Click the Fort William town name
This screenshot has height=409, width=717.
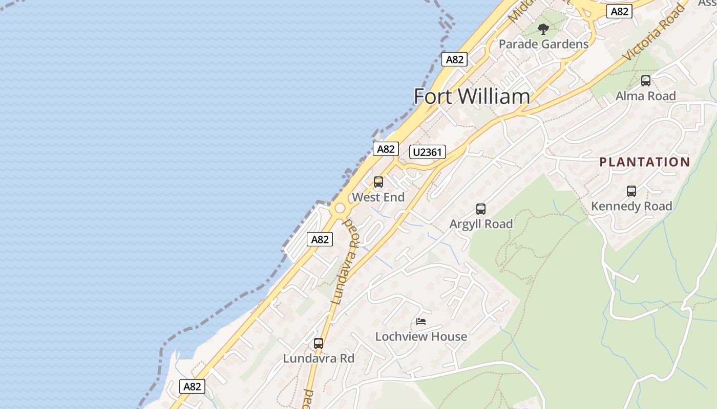click(471, 97)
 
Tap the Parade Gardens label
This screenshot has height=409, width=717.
click(543, 44)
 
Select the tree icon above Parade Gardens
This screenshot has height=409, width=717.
click(543, 29)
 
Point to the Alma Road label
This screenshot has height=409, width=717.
click(645, 96)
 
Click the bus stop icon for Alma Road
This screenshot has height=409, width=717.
click(645, 80)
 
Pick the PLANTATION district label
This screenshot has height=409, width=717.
click(645, 162)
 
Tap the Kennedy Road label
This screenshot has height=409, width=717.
click(631, 206)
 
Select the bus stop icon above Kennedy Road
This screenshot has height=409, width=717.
click(631, 191)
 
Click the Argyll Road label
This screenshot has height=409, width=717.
click(481, 224)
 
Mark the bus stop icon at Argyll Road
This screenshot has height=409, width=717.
click(480, 209)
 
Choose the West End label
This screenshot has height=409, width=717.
click(378, 197)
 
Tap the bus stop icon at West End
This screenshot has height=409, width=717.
click(378, 182)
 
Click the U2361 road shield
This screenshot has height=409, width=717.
click(428, 152)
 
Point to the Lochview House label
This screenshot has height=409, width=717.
click(421, 336)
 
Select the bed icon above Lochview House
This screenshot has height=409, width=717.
click(421, 322)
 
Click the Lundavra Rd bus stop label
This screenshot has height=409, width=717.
click(319, 358)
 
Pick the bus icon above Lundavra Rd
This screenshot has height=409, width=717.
click(319, 344)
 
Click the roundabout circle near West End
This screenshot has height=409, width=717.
click(339, 209)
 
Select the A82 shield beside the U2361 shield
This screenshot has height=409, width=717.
click(386, 149)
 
